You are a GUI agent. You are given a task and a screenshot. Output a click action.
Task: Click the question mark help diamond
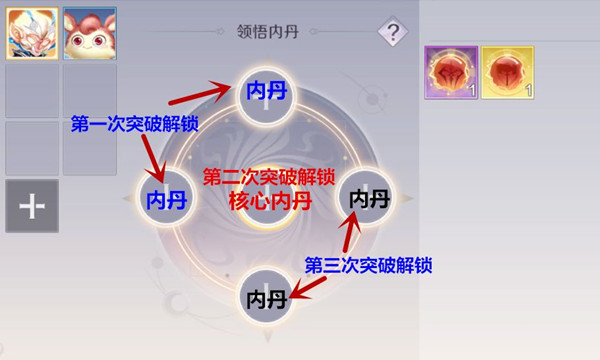click(393, 31)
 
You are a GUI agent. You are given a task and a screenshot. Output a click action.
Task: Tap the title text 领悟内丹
click(267, 32)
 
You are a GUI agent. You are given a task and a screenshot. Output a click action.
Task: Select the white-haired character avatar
click(32, 34)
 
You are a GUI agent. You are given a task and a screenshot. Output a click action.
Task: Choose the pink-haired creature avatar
click(90, 34)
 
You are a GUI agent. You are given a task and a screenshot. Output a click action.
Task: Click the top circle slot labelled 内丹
click(267, 96)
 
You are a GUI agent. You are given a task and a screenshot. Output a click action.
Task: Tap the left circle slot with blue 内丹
click(166, 198)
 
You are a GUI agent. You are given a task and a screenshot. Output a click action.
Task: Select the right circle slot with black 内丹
click(366, 198)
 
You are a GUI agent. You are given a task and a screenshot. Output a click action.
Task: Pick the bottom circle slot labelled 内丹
click(267, 297)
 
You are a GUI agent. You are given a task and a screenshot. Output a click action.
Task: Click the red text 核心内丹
click(270, 201)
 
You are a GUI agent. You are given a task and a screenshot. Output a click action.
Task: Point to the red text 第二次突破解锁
click(269, 177)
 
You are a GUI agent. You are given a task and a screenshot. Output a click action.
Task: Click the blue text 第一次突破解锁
click(135, 124)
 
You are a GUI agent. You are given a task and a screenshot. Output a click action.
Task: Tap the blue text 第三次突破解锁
click(368, 265)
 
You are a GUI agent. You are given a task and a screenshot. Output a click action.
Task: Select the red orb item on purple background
click(451, 73)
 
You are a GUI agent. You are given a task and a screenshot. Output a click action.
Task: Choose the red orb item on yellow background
click(507, 73)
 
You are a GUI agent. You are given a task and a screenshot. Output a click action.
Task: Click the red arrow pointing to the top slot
click(200, 94)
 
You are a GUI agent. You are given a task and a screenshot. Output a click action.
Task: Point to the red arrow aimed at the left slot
click(154, 159)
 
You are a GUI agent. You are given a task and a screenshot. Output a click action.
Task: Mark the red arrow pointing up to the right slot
click(350, 231)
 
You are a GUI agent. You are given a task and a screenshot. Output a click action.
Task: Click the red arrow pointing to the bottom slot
click(308, 288)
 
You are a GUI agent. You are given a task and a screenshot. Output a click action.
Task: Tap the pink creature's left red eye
click(79, 41)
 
